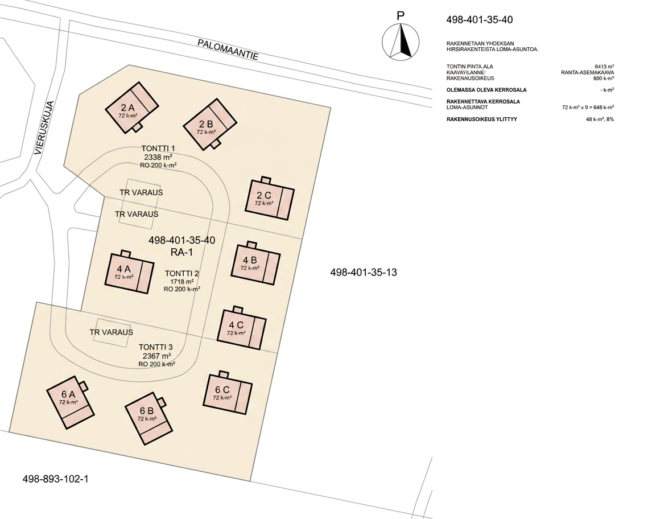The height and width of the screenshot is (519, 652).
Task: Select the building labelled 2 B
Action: point(210,124)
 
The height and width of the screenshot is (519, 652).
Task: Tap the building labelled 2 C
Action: point(270,199)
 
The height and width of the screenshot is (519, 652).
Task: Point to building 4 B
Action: point(255,263)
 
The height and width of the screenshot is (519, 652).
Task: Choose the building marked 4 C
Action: point(242,328)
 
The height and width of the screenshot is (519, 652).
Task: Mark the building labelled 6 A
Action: point(71,402)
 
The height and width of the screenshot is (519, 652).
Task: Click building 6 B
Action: point(149,418)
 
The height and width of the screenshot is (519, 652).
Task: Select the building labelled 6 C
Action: point(228,392)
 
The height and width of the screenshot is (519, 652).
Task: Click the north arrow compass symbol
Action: point(401,41)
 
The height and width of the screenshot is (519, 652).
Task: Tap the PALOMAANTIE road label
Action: point(228,50)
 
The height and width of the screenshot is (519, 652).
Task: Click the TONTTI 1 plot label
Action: point(158,149)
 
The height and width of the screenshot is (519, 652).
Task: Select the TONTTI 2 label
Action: point(181,274)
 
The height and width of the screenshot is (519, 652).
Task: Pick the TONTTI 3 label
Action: point(155,347)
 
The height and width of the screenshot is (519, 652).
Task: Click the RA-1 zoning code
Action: point(181,252)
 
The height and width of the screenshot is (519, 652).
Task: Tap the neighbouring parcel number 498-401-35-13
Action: point(364,273)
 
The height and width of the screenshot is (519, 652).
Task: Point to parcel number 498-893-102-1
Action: point(55,479)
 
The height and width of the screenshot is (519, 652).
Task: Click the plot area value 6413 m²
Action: point(605,67)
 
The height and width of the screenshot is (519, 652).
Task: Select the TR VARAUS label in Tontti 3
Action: point(112,332)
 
